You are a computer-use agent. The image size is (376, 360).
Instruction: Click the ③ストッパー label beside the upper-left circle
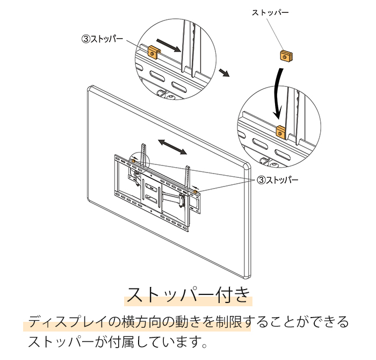tap(102, 39)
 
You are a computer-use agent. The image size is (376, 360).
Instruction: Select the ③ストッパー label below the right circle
tap(278, 179)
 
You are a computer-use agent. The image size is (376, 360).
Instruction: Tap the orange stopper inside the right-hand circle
tap(280, 131)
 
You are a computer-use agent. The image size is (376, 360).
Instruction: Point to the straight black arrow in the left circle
tap(170, 47)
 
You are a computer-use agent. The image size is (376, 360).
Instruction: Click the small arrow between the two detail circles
tap(225, 73)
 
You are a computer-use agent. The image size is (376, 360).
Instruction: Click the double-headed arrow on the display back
tap(172, 146)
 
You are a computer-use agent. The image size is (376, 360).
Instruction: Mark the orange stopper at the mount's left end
tap(132, 161)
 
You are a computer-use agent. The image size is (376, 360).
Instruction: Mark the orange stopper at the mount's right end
tap(196, 192)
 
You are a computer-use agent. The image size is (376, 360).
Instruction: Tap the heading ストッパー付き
tap(187, 295)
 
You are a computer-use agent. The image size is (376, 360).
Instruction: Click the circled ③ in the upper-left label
tap(85, 39)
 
